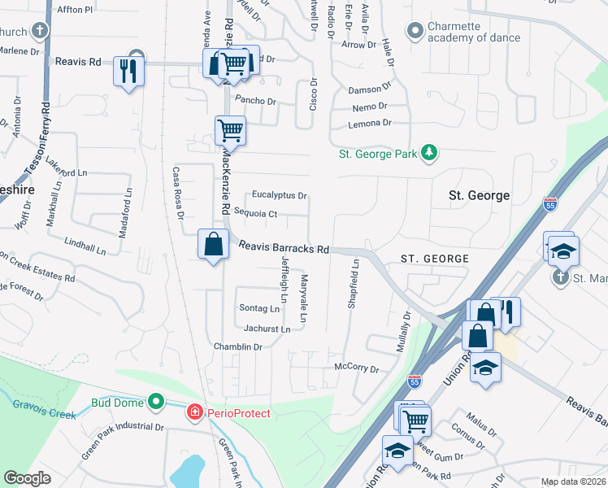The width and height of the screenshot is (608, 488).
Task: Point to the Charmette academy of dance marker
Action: [416, 31]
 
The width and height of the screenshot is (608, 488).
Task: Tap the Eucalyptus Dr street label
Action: [279, 195]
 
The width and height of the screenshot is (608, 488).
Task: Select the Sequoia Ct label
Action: [256, 214]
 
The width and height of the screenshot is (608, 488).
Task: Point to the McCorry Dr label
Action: [357, 368]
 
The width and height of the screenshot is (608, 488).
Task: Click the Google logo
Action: [28, 478]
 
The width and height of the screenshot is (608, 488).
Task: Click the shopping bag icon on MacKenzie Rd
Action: [213, 244]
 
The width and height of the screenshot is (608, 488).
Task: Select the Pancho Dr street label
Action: [256, 101]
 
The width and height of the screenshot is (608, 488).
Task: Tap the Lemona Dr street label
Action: [370, 123]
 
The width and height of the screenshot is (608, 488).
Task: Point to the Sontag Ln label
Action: [260, 308]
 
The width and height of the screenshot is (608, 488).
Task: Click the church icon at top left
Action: [38, 32]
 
